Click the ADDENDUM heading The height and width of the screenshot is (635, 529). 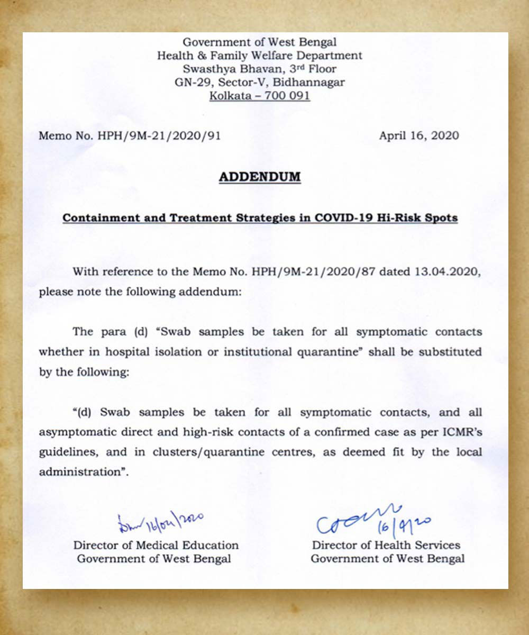click(260, 177)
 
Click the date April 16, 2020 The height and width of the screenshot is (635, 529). click(419, 135)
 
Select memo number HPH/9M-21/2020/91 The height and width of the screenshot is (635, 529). click(159, 135)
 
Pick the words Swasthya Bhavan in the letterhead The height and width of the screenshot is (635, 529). click(223, 69)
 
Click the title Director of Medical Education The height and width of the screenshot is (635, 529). click(156, 545)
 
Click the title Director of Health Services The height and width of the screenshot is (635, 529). click(386, 545)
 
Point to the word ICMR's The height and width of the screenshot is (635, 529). click(459, 432)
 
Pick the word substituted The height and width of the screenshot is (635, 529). click(451, 351)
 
